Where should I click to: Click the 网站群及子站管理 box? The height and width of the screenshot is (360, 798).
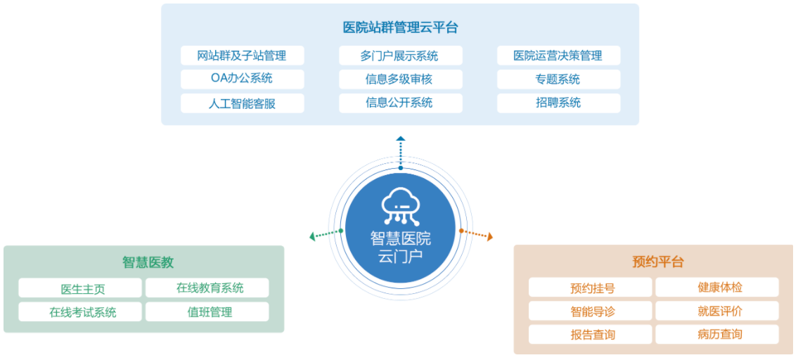[x=243, y=56]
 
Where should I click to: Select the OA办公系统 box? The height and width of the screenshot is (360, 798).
[x=243, y=79]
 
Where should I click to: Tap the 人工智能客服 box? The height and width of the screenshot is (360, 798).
[x=243, y=103]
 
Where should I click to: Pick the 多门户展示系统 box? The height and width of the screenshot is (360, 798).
[x=401, y=56]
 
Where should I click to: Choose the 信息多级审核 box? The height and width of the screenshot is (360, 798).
[x=401, y=79]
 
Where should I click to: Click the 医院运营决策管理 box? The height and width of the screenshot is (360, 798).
[x=559, y=56]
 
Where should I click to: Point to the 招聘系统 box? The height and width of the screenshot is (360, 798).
[x=559, y=103]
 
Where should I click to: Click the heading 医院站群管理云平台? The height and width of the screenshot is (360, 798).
[x=401, y=27]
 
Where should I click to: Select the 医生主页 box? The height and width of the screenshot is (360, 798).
[x=80, y=288]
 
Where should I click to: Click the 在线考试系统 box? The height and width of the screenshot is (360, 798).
[x=80, y=311]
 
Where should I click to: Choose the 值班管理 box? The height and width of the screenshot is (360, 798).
[x=207, y=311]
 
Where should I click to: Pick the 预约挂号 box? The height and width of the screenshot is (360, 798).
[x=591, y=287]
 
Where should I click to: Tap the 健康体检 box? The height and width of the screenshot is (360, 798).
[x=717, y=287]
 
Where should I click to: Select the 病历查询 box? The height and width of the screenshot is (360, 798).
[x=717, y=334]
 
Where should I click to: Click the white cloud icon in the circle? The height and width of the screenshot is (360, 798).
[x=401, y=207]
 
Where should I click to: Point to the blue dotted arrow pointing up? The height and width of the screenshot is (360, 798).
[x=401, y=153]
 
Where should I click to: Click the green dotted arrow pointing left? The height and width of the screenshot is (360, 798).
[x=326, y=233]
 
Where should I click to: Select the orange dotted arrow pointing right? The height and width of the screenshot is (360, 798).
[x=476, y=233]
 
